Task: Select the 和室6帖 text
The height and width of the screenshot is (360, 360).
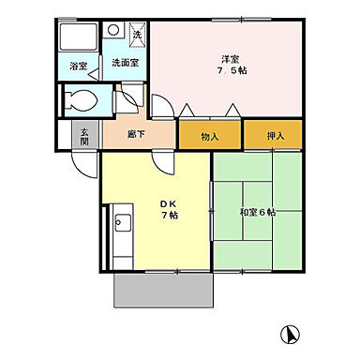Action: [x=257, y=212]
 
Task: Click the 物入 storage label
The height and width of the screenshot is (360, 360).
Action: [x=210, y=137]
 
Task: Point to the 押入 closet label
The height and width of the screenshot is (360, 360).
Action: [x=275, y=137]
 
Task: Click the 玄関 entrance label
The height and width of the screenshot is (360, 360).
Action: [x=84, y=135]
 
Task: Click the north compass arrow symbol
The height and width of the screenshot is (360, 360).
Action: [x=292, y=332]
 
